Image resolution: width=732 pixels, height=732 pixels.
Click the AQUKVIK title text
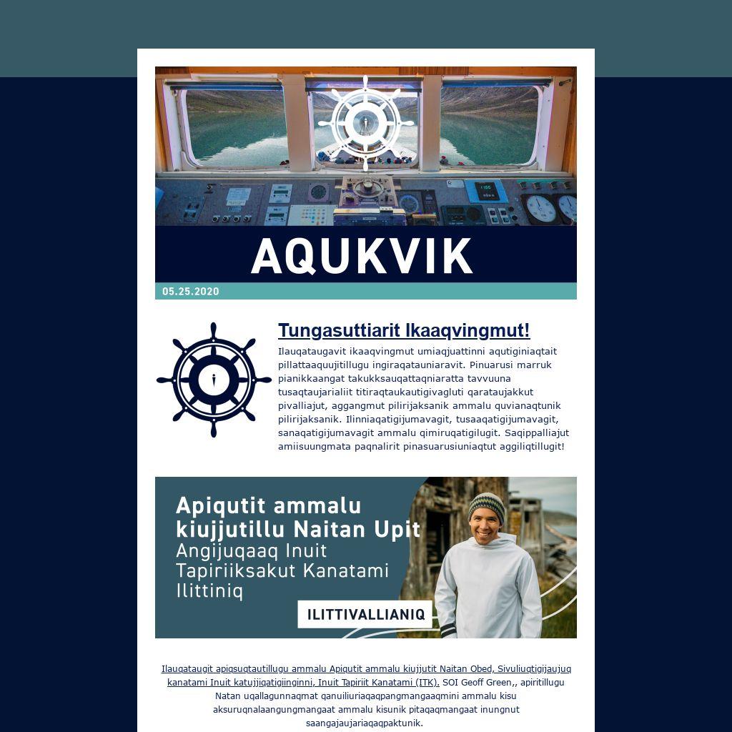pyautogui.click(x=362, y=256)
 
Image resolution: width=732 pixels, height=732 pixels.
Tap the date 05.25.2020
pyautogui.click(x=191, y=292)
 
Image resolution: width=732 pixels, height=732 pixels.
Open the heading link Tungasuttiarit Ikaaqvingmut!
pyautogui.click(x=404, y=330)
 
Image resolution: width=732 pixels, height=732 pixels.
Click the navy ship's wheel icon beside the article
pyautogui.click(x=213, y=380)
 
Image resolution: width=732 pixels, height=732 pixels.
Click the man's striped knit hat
pyautogui.click(x=486, y=505)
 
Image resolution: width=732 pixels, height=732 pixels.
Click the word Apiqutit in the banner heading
pyautogui.click(x=217, y=505)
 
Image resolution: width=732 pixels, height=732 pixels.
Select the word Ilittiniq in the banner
pyautogui.click(x=209, y=591)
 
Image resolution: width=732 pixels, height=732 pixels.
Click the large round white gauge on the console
pyautogui.click(x=541, y=209)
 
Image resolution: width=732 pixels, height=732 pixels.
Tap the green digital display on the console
pyautogui.click(x=486, y=190)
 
